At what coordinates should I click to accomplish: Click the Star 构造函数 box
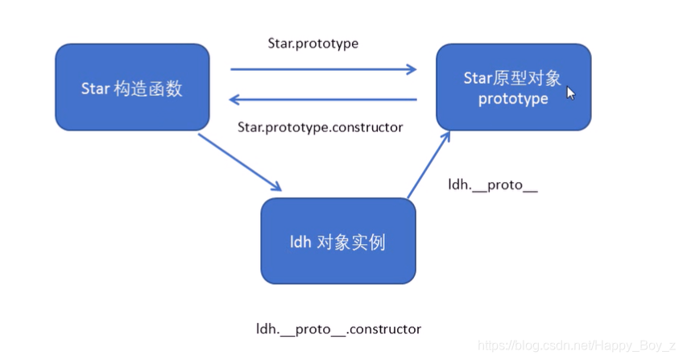(132, 87)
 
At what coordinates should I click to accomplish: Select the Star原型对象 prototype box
(513, 87)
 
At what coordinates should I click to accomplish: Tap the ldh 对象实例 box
(337, 241)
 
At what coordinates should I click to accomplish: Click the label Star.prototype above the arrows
(313, 43)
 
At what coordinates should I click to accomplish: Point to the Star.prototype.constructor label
(320, 127)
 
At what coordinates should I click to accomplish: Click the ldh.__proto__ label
(492, 185)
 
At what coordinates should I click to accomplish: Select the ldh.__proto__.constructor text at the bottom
(338, 329)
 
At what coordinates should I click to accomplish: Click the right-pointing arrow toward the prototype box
(322, 69)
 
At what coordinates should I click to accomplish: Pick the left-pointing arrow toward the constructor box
(322, 99)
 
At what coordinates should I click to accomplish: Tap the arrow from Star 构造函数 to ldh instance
(239, 162)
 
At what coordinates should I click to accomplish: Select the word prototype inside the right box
(513, 99)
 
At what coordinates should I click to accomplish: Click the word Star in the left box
(95, 88)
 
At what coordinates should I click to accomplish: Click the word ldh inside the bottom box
(300, 242)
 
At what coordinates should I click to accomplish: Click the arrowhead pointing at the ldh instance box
(275, 186)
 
